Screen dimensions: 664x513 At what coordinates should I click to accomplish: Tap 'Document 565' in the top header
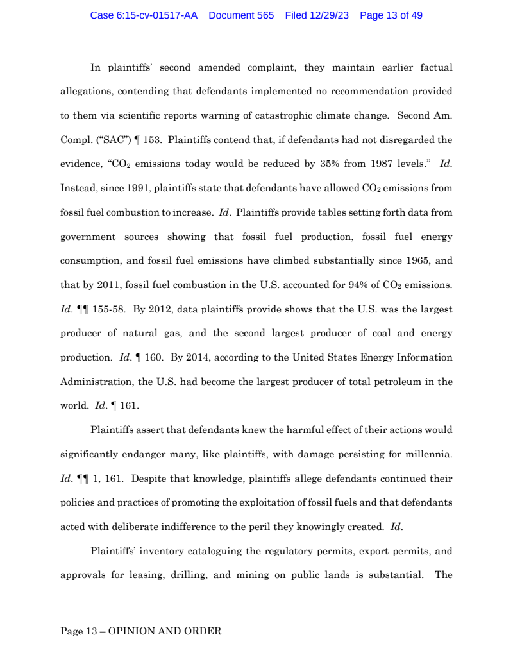pyautogui.click(x=241, y=15)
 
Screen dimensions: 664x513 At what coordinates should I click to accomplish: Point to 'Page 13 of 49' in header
pyautogui.click(x=391, y=15)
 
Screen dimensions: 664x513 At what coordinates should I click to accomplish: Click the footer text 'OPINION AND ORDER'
pyautogui.click(x=165, y=631)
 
